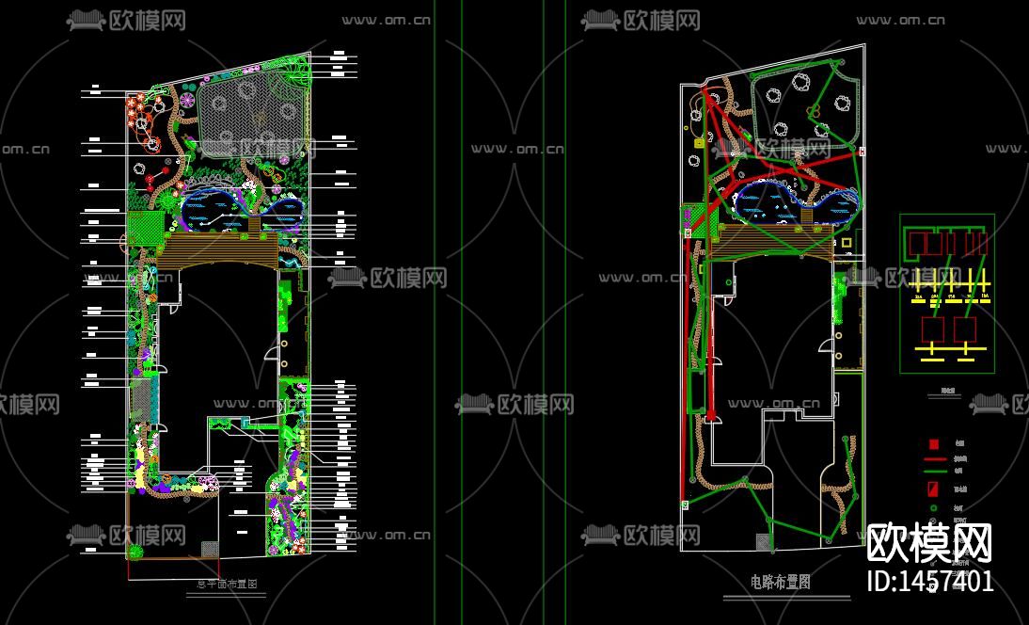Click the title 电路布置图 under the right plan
pyautogui.click(x=781, y=583)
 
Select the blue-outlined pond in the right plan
pyautogui.click(x=795, y=203)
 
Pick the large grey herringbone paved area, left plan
pyautogui.click(x=254, y=115)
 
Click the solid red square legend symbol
pyautogui.click(x=933, y=444)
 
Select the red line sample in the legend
pyautogui.click(x=934, y=458)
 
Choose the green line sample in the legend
pyautogui.click(x=934, y=472)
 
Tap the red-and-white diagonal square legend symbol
pyautogui.click(x=933, y=489)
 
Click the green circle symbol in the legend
pyautogui.click(x=933, y=509)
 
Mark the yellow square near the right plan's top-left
pyautogui.click(x=699, y=143)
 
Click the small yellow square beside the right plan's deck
pyautogui.click(x=846, y=243)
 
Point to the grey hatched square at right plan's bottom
pyautogui.click(x=761, y=542)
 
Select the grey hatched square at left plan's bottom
pyautogui.click(x=210, y=548)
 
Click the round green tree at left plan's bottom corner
pyautogui.click(x=137, y=551)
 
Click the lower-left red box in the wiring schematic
pyautogui.click(x=932, y=330)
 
